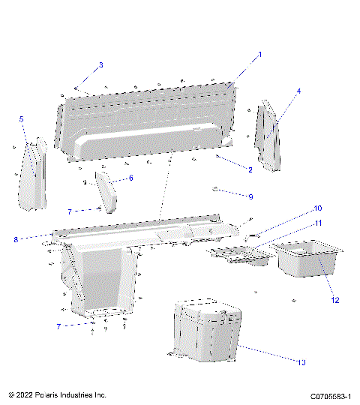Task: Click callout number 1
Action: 260,55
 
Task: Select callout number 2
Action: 250,170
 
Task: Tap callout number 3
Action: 100,65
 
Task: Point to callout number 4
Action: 298,91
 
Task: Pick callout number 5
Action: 21,119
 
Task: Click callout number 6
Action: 130,178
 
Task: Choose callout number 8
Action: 15,239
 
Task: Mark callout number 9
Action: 250,196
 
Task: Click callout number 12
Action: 335,300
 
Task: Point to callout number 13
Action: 302,362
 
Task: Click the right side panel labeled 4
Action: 268,135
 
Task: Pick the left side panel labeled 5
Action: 32,174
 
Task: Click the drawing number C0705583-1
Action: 331,394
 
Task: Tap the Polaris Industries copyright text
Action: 57,394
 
